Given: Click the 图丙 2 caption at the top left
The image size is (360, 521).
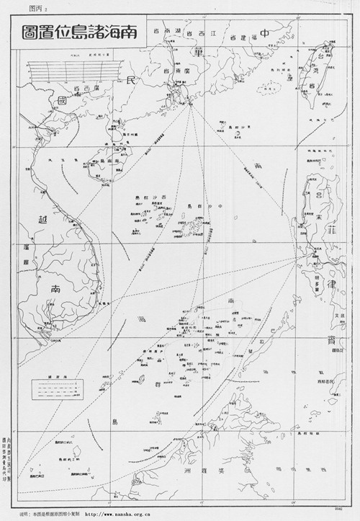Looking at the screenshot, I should [35, 7].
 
